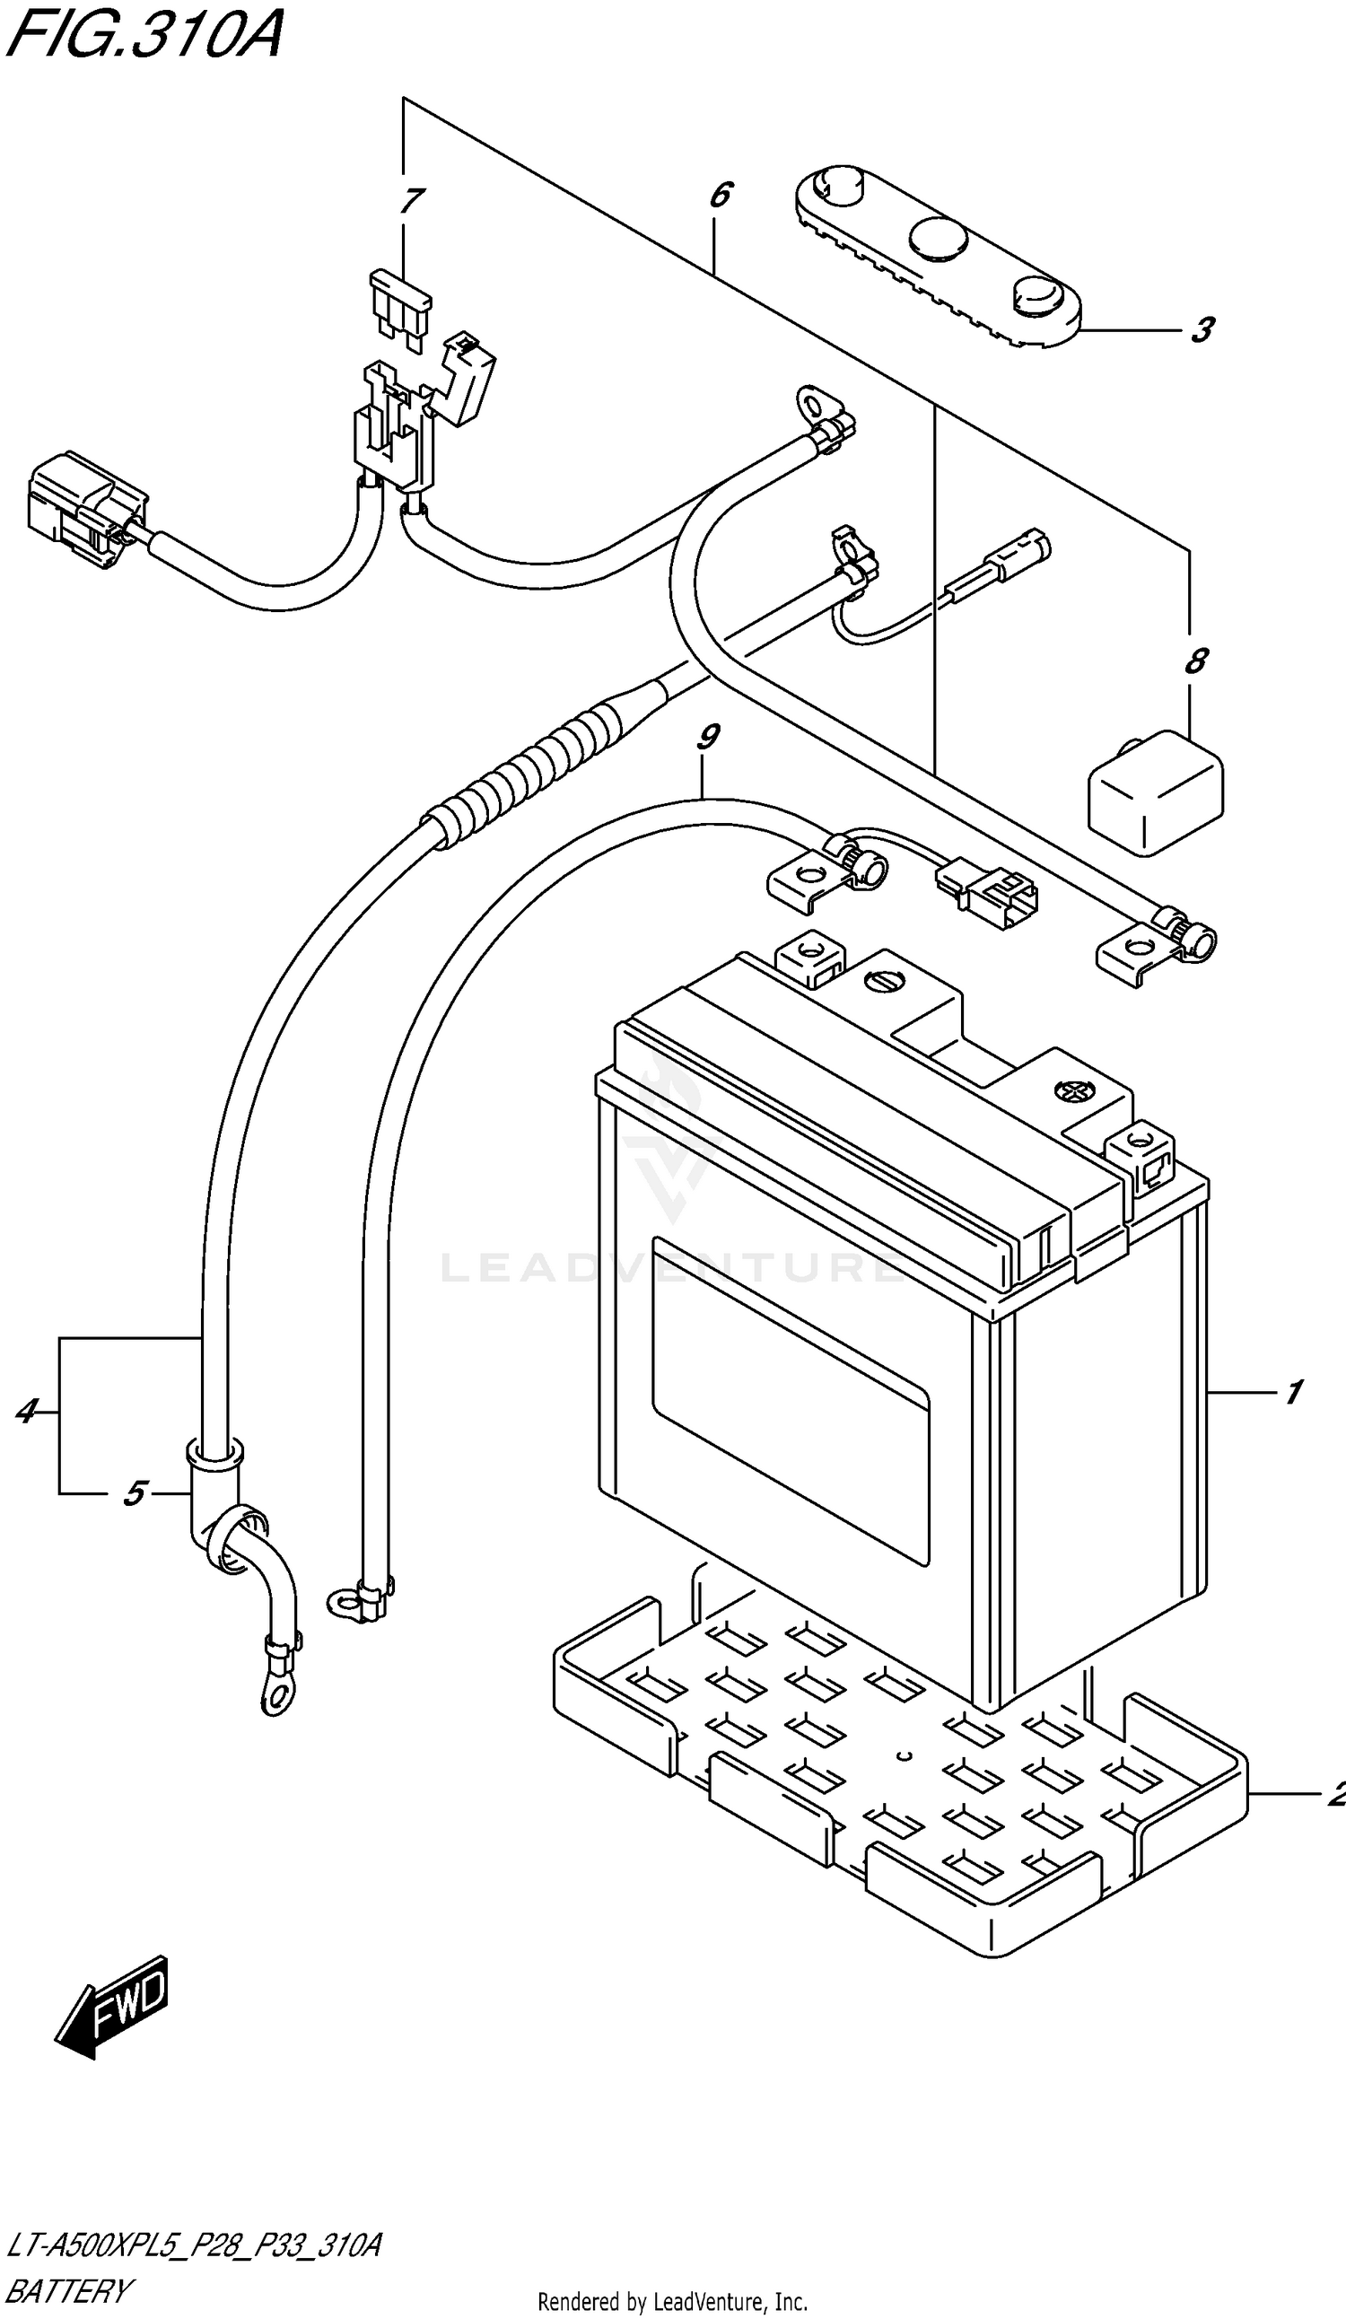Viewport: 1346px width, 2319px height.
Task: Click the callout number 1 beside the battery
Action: (1293, 1392)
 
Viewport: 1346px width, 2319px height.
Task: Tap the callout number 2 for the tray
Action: (1337, 1795)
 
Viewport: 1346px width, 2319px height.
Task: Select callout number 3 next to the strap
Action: (1202, 329)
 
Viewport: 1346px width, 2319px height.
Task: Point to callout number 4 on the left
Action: (27, 1411)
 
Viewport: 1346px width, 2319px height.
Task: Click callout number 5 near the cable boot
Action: (135, 1492)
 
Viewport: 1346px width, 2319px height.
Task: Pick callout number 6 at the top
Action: (721, 195)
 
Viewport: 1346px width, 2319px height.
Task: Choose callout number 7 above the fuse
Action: (411, 201)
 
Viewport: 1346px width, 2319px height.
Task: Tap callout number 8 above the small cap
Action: (1195, 661)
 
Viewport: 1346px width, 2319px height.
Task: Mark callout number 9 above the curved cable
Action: (707, 737)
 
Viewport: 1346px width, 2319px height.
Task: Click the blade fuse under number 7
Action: (400, 310)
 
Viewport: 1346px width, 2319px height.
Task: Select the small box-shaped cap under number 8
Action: (1156, 793)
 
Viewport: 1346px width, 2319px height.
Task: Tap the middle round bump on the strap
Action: (939, 239)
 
